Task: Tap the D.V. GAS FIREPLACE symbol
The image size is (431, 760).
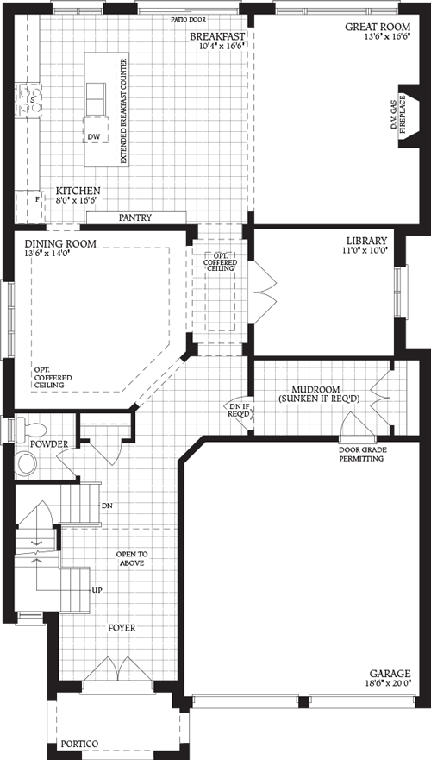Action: coord(402,120)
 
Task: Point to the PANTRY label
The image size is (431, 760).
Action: coord(135,217)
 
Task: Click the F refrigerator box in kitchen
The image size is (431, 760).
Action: coord(37,200)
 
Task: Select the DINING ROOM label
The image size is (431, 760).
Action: coord(60,244)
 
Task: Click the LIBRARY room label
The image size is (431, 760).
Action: coord(367,241)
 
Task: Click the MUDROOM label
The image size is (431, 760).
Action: coord(318,389)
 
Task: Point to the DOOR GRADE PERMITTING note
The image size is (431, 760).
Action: coord(366,454)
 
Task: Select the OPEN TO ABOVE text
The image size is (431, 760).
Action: coord(131,557)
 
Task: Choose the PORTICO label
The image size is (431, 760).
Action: coord(79,743)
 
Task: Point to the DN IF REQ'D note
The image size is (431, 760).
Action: coord(239,409)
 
